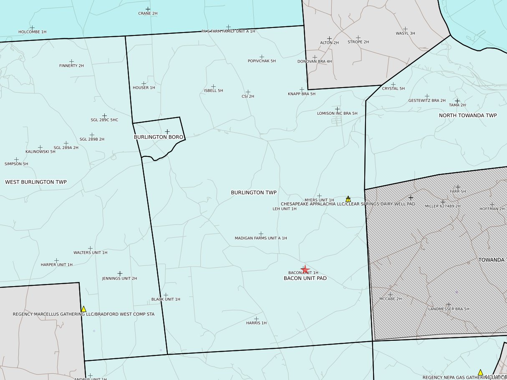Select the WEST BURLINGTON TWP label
pyautogui.click(x=36, y=182)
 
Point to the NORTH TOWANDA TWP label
pyautogui.click(x=468, y=115)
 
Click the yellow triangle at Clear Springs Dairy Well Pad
pyautogui.click(x=348, y=199)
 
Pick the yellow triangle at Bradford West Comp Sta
pyautogui.click(x=83, y=309)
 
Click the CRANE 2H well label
pyautogui.click(x=148, y=13)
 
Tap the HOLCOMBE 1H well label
pyautogui.click(x=32, y=32)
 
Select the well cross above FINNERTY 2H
pyautogui.click(x=71, y=61)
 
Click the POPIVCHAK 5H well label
pyautogui.click(x=262, y=61)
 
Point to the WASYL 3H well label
pyautogui.click(x=405, y=33)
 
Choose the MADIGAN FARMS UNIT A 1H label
pyautogui.click(x=261, y=238)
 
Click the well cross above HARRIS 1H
pyautogui.click(x=256, y=319)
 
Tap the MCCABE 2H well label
pyautogui.click(x=390, y=299)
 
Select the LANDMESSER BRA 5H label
pyautogui.click(x=449, y=309)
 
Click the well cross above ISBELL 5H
pyautogui.click(x=213, y=86)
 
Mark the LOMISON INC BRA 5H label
pyautogui.click(x=337, y=113)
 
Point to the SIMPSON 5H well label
pyautogui.click(x=16, y=164)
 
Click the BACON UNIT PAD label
pyautogui.click(x=305, y=278)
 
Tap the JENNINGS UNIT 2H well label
pyautogui.click(x=119, y=278)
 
